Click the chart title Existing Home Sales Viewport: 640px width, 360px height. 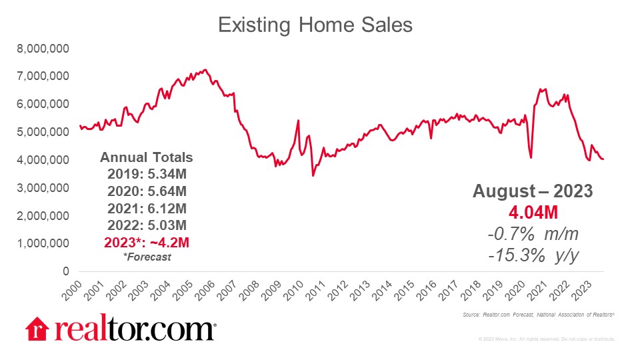[315, 25]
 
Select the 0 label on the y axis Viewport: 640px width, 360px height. [65, 271]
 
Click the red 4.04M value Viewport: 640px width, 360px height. [532, 213]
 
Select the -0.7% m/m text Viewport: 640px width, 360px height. [532, 234]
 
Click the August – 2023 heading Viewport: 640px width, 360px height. [532, 191]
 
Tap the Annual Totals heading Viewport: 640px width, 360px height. [146, 158]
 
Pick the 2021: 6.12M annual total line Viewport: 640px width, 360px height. [146, 207]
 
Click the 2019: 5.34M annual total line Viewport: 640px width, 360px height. [146, 175]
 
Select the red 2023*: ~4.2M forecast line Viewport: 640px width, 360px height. [146, 240]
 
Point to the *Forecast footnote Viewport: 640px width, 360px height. [146, 256]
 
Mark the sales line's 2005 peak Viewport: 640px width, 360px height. [205, 69]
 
